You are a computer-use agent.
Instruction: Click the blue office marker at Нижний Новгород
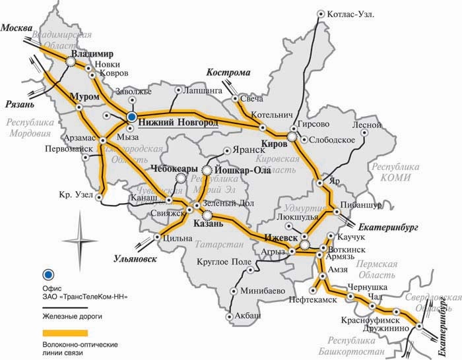[131, 117]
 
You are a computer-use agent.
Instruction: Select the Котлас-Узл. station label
[350, 14]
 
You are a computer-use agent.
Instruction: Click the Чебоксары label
[175, 169]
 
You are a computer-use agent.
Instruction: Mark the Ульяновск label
[135, 258]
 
